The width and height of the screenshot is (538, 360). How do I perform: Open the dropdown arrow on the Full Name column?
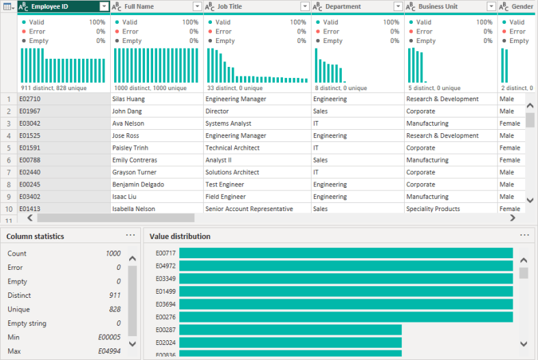[197, 6]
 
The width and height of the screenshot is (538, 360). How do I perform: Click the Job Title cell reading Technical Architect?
[232, 148]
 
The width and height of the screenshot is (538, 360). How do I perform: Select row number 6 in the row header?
[8, 161]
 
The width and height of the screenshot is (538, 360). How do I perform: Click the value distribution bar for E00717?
[345, 253]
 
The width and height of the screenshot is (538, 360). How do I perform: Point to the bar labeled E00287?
[290, 330]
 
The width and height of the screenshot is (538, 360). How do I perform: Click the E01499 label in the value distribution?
[165, 292]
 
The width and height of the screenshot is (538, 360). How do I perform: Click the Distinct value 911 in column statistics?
[114, 296]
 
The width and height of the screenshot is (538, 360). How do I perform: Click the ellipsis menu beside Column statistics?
[131, 236]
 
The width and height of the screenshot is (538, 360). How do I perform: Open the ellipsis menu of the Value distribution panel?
[524, 236]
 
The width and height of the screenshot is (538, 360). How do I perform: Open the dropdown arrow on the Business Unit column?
[491, 6]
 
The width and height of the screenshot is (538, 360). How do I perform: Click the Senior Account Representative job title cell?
[249, 209]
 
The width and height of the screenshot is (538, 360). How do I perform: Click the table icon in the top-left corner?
[8, 6]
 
